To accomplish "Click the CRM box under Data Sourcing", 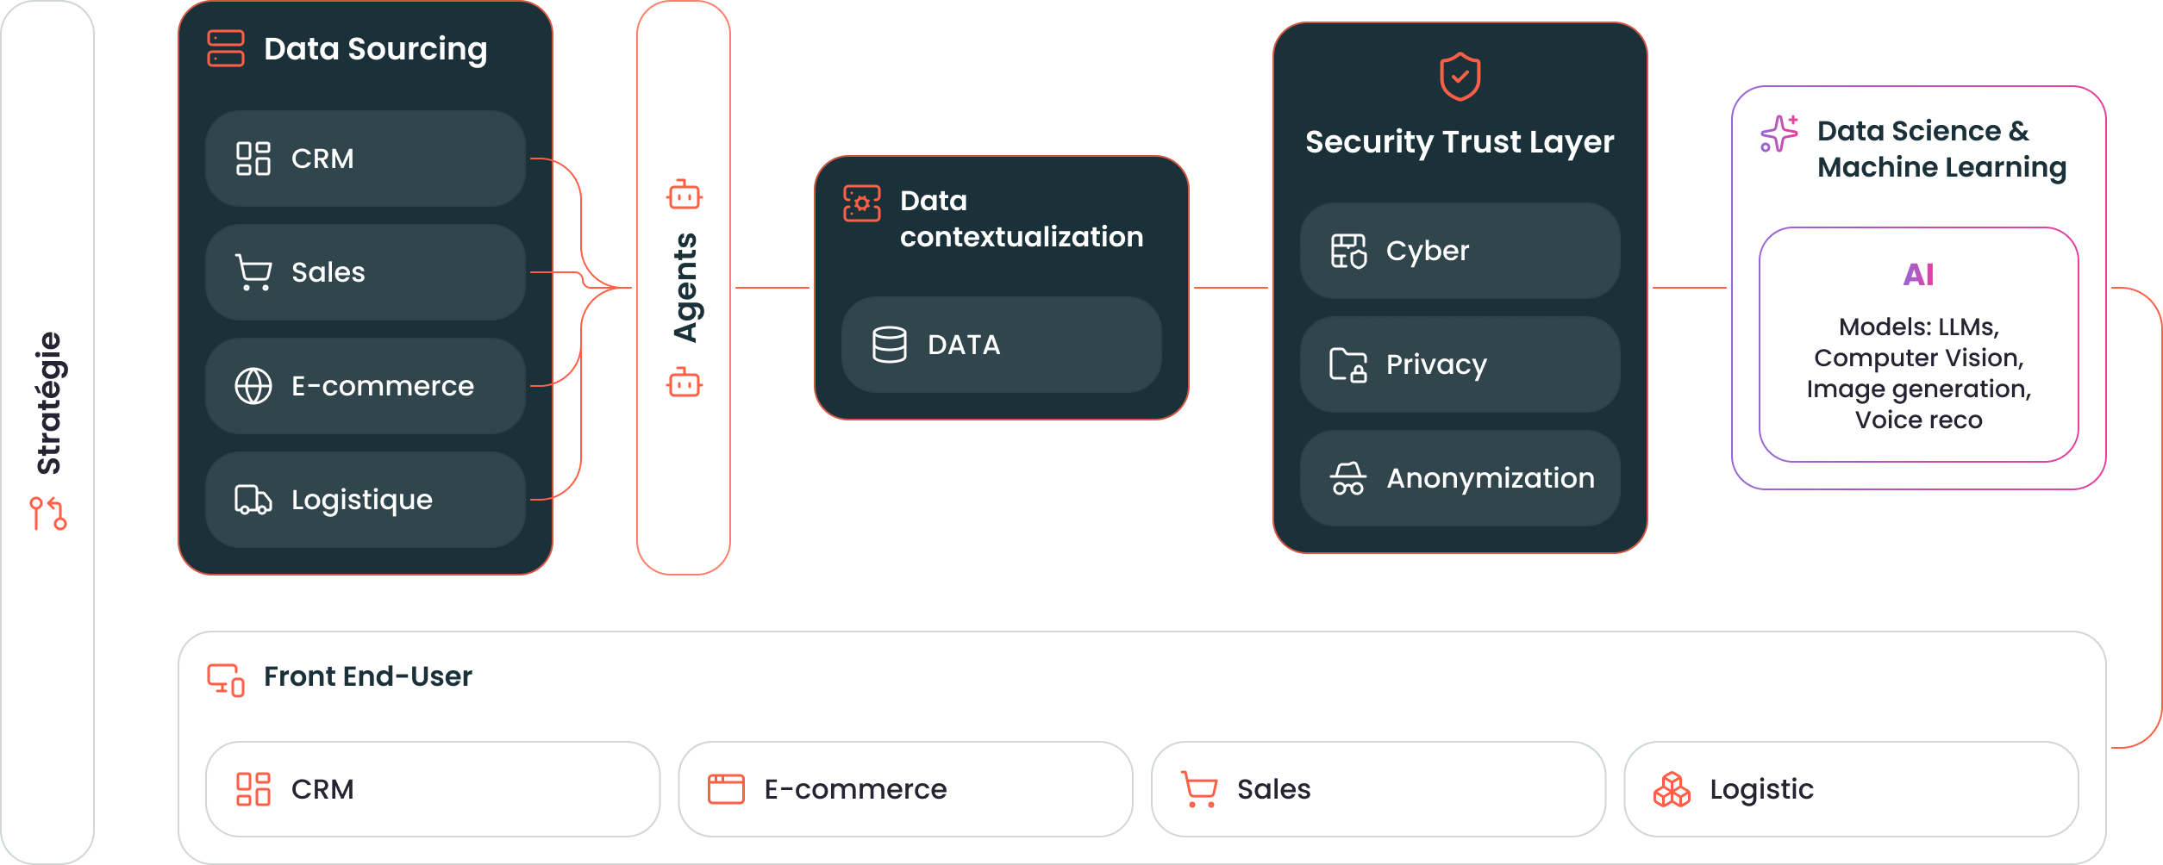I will click(365, 159).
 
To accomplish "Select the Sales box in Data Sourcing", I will click(365, 272).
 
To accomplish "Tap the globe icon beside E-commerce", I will click(253, 386).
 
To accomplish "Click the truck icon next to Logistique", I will click(253, 500).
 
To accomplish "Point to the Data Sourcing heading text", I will click(375, 49).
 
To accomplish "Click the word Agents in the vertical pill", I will click(685, 288).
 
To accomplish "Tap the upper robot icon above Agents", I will click(685, 196).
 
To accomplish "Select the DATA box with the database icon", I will click(1001, 345).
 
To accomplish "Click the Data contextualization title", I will click(1021, 219).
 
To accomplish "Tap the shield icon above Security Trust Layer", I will click(1460, 77).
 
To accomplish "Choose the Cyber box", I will click(1460, 251).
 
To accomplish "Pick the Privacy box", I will click(1460, 364).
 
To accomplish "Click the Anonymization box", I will click(1460, 478).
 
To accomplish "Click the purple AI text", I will click(1918, 275).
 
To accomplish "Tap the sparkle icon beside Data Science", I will click(1779, 134).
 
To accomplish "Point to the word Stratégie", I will click(49, 403).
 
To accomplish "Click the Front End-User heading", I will click(367, 676).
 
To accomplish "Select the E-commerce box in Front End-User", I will click(905, 789).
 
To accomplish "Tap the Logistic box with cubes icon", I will click(1850, 789).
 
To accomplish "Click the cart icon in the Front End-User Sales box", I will click(1199, 789).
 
